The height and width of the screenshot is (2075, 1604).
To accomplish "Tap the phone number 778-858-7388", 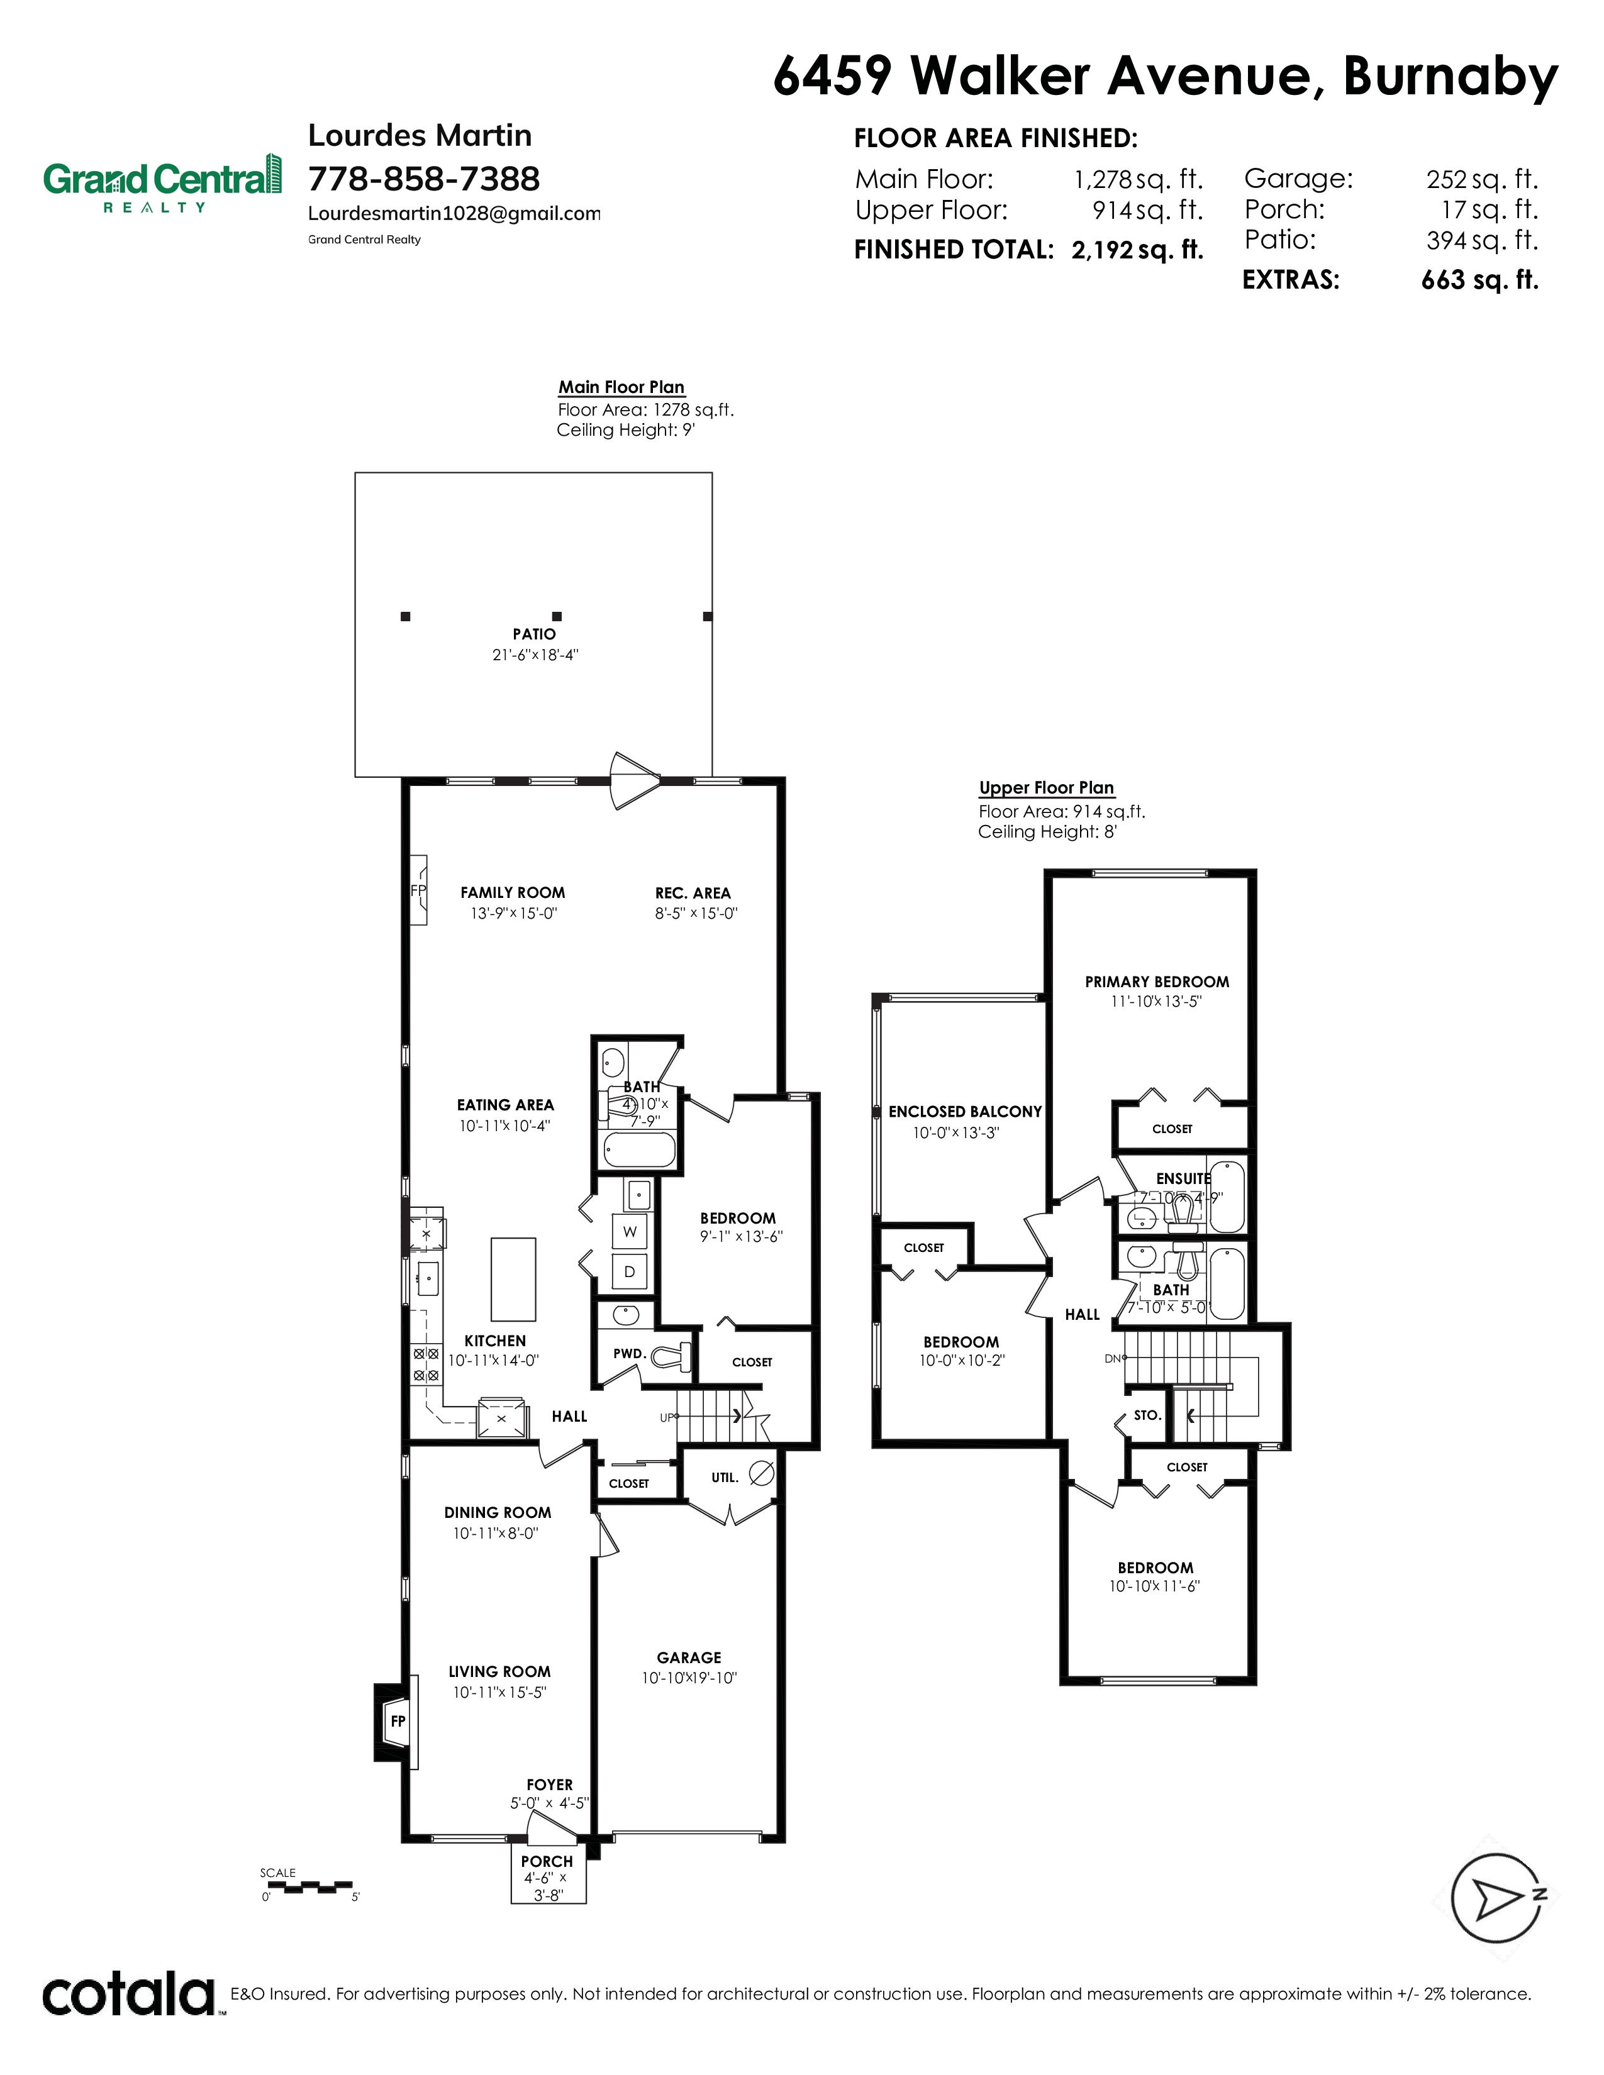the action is (x=424, y=179).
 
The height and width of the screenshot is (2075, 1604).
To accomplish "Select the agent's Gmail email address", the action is (x=454, y=214).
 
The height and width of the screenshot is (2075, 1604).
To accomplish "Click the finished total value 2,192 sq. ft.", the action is (x=1137, y=250).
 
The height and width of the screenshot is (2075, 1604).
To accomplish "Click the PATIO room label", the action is (x=534, y=634).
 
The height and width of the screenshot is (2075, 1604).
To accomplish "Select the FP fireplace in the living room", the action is (x=397, y=1720).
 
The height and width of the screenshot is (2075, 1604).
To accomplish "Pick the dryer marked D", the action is (x=629, y=1271).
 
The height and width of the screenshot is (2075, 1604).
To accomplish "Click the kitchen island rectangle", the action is (x=513, y=1279).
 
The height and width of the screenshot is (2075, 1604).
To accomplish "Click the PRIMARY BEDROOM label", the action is (x=1156, y=982).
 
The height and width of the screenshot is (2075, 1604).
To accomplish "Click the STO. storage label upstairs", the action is (x=1147, y=1415).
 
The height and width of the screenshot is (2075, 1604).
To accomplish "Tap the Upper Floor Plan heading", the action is (x=1046, y=788).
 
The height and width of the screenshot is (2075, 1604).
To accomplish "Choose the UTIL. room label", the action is (x=724, y=1478).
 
